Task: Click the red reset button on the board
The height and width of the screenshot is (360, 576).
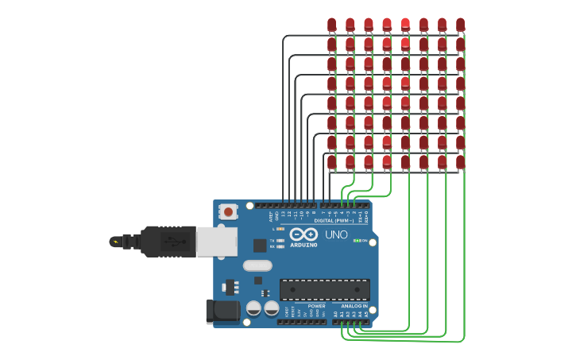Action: coord(228,211)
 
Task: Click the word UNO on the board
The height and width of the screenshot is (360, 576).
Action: coord(336,235)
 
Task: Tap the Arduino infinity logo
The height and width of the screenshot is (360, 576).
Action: coord(303,234)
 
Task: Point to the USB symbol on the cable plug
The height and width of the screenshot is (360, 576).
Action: coord(171,242)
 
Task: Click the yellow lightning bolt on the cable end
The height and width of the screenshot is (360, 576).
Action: coord(116,242)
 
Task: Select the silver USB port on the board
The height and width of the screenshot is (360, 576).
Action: coord(216,242)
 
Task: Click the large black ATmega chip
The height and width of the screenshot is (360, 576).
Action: coord(324,289)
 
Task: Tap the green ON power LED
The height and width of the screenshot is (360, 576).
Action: coord(357,240)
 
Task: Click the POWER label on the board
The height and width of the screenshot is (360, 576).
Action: coord(316,306)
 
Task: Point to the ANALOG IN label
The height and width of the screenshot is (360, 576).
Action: coord(354,306)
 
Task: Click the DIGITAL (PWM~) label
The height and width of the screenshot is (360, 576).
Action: coord(334,220)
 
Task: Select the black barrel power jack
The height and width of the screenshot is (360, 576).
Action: coord(222,311)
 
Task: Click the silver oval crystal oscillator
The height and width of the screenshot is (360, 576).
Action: coord(257,265)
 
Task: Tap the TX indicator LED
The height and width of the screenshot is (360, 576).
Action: coord(280,240)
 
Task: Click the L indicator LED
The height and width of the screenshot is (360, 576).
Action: coord(280,229)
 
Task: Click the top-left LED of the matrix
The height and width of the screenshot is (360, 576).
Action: coord(331,25)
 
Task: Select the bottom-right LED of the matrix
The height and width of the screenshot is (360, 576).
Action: coord(460,162)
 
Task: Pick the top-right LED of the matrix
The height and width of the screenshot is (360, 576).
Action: coord(460,25)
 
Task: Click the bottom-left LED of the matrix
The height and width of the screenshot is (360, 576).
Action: coord(331,162)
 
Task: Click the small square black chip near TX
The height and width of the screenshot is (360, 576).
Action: coord(260,246)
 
